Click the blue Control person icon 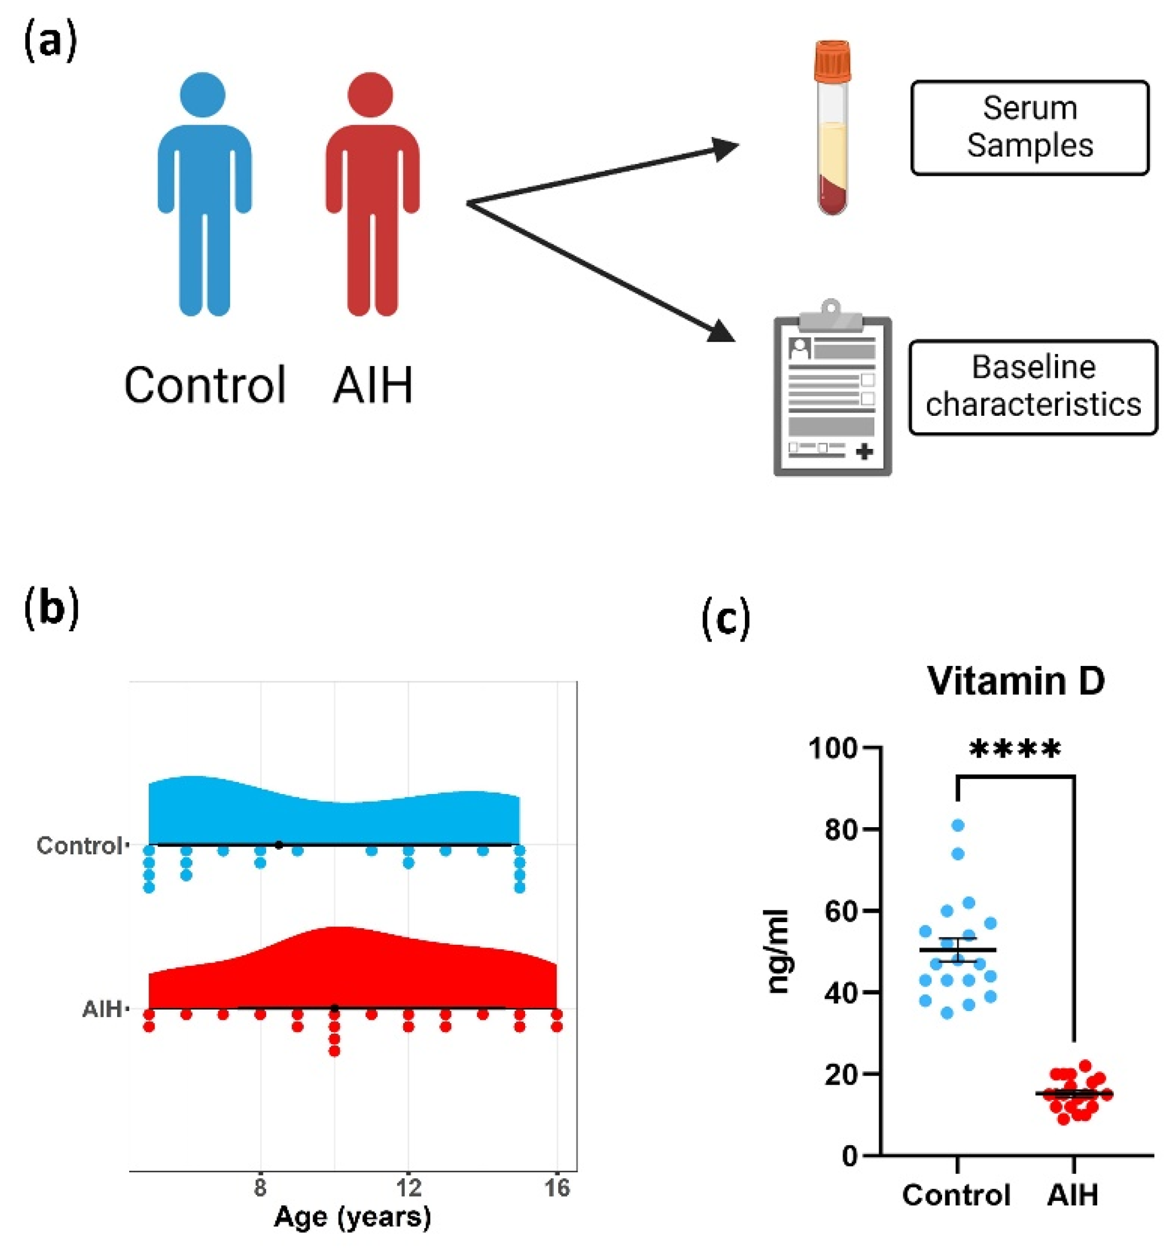point(204,195)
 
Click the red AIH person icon point(372,195)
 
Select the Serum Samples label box point(1029,127)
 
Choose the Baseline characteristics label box point(1033,387)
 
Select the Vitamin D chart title point(1016,680)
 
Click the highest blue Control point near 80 point(958,825)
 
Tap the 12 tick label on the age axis point(409,1187)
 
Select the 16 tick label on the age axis point(557,1187)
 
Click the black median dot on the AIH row point(334,1009)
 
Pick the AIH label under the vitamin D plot point(1072,1194)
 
